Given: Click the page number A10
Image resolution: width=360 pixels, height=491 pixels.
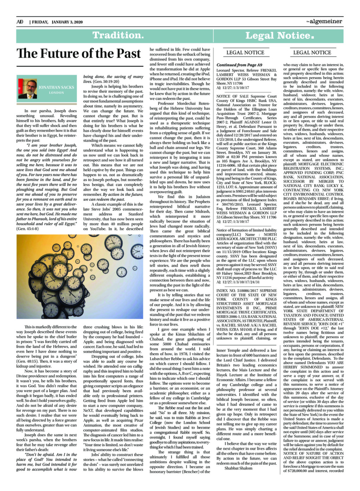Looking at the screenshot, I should [20, 22].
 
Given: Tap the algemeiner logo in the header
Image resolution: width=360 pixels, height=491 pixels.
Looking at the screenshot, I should [324, 21].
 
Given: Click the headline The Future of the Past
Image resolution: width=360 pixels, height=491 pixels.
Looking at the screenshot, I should [79, 53].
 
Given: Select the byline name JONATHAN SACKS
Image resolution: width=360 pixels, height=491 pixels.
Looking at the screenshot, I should [56, 87].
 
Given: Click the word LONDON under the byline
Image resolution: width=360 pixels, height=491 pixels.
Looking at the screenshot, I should [56, 93].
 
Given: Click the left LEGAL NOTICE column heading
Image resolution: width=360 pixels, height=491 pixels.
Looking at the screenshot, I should [245, 52].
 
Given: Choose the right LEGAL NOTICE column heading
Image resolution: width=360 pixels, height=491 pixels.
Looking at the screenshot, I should [312, 52].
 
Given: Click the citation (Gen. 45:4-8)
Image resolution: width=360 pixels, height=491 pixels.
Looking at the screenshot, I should [27, 229].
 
